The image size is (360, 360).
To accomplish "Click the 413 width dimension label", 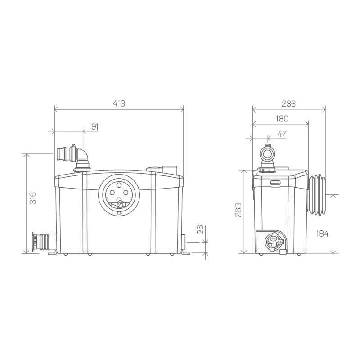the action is point(119,103).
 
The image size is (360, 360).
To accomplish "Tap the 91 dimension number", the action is point(95,126).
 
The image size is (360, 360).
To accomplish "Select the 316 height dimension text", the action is point(33,198).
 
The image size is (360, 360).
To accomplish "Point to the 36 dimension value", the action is point(200,229).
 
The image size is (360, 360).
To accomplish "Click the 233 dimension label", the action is point(288,104).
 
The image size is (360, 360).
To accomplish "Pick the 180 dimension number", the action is point(282,119).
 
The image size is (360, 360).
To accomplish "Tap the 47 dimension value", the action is point(282,134).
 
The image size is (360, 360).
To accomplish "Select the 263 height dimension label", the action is point(238,210).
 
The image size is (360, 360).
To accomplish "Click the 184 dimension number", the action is point(322,234).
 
